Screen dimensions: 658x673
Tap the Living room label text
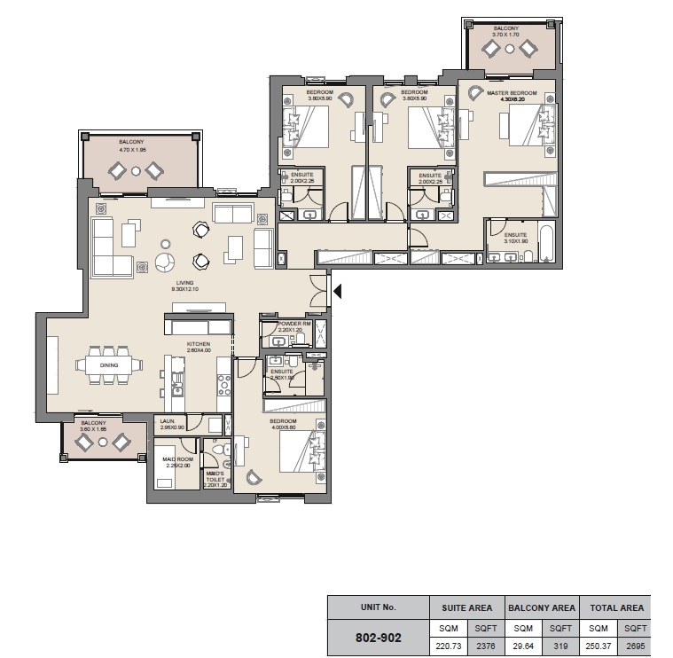(184, 283)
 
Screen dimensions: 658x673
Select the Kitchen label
(197, 344)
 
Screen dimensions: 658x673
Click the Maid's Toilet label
(215, 474)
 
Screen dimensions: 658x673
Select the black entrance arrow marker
(337, 290)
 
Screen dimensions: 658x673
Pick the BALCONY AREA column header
(540, 608)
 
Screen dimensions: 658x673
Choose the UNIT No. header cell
(378, 608)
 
